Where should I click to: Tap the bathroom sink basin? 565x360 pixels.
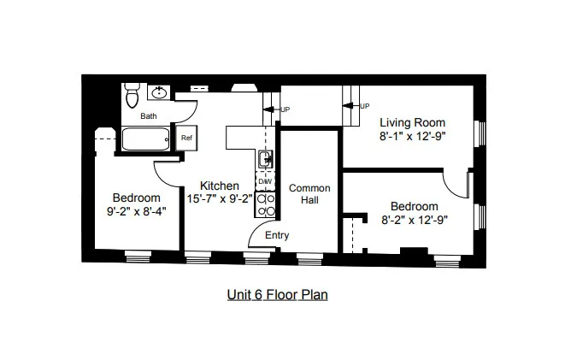(159, 92)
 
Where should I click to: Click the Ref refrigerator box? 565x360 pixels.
(186, 137)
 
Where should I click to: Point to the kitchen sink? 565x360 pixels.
(266, 158)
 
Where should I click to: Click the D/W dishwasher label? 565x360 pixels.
(265, 181)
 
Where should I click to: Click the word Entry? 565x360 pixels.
(277, 235)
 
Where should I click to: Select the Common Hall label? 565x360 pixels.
(303, 193)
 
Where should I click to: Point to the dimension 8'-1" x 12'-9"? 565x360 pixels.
(414, 135)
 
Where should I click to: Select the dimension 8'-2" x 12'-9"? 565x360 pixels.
(415, 219)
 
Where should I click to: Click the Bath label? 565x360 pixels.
(149, 116)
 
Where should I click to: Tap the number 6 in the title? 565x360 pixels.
(257, 295)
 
